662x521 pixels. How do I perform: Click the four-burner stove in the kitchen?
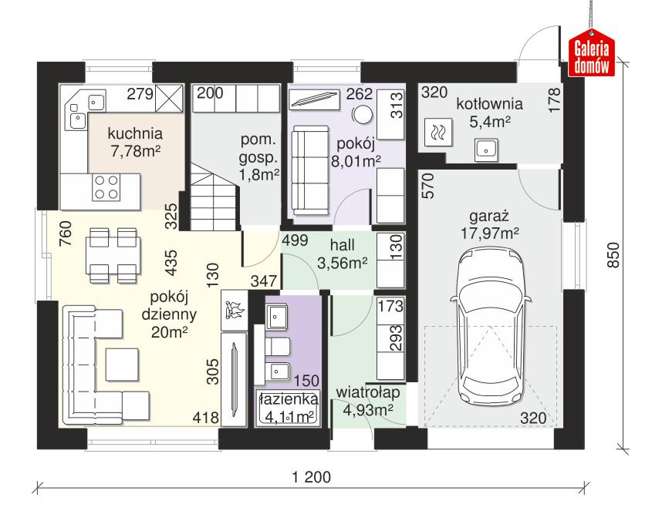(x=106, y=188)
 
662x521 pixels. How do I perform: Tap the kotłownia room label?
(x=488, y=103)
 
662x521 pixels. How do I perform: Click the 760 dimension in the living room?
(x=66, y=233)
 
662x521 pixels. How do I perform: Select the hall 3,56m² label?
(x=342, y=254)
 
